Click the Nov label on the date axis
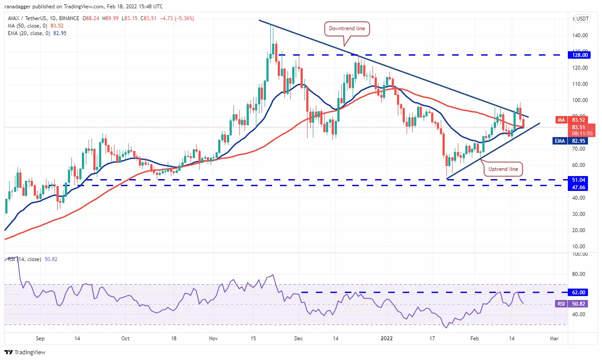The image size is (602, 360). (213, 338)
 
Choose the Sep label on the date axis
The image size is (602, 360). (40, 338)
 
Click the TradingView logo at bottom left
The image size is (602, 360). (25, 352)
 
